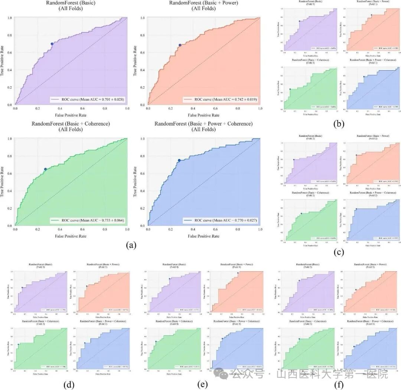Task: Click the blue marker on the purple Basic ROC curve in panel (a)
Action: click(52, 44)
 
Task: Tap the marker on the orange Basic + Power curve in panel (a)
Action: click(180, 45)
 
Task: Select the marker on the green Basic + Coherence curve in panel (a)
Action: click(46, 169)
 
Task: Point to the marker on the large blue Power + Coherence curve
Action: click(179, 161)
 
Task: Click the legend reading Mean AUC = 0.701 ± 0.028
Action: click(88, 99)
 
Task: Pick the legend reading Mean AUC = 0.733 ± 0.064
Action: click(88, 220)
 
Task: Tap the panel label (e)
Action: click(203, 383)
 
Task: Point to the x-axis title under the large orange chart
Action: click(203, 115)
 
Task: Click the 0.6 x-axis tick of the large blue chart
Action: click(216, 230)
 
